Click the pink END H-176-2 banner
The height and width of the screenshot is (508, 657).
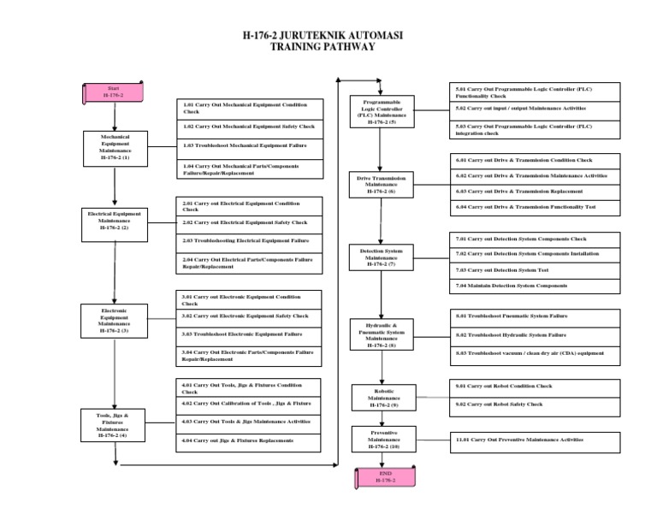pos(385,477)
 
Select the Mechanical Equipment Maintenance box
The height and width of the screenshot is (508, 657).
pos(115,147)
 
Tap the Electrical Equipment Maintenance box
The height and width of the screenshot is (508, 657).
pos(114,221)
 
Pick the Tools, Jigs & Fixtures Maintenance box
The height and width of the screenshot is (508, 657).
pos(111,425)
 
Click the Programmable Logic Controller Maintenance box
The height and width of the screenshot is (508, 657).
pos(382,112)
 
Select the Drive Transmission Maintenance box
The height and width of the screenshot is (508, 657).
pos(382,184)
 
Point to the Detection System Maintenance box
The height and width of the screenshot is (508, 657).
pos(382,257)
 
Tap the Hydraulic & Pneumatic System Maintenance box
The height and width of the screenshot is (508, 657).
pos(382,334)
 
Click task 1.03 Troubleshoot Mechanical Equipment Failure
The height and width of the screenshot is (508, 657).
pos(252,145)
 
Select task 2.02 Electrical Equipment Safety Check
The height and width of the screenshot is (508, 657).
pos(252,222)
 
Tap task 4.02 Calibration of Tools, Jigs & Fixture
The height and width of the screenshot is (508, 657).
pos(251,403)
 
